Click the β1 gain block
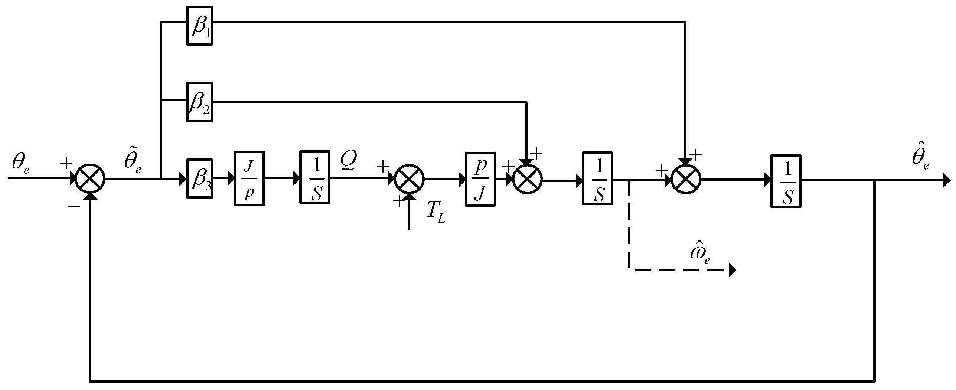coord(200,25)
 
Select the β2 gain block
coord(200,102)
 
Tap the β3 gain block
coord(200,178)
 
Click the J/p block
coord(249,178)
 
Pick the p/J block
coord(480,179)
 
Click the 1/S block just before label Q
coord(315,177)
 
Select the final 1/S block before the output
coord(786,181)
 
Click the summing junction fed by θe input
coord(90,178)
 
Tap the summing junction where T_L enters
coord(409,178)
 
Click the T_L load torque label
coord(436,213)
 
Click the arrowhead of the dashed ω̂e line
coord(732,270)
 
